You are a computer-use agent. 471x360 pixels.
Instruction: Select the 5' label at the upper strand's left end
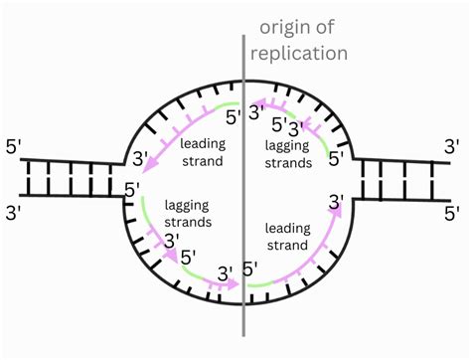[x=15, y=146]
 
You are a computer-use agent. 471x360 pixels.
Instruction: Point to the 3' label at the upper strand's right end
[x=452, y=146]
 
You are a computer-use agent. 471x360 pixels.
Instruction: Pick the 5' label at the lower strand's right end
[x=452, y=211]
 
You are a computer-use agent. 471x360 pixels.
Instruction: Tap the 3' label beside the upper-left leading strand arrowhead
[x=142, y=157]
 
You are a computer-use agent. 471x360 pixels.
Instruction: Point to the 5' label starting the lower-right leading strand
[x=250, y=269]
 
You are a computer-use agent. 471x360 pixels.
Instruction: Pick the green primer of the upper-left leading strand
[x=223, y=105]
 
